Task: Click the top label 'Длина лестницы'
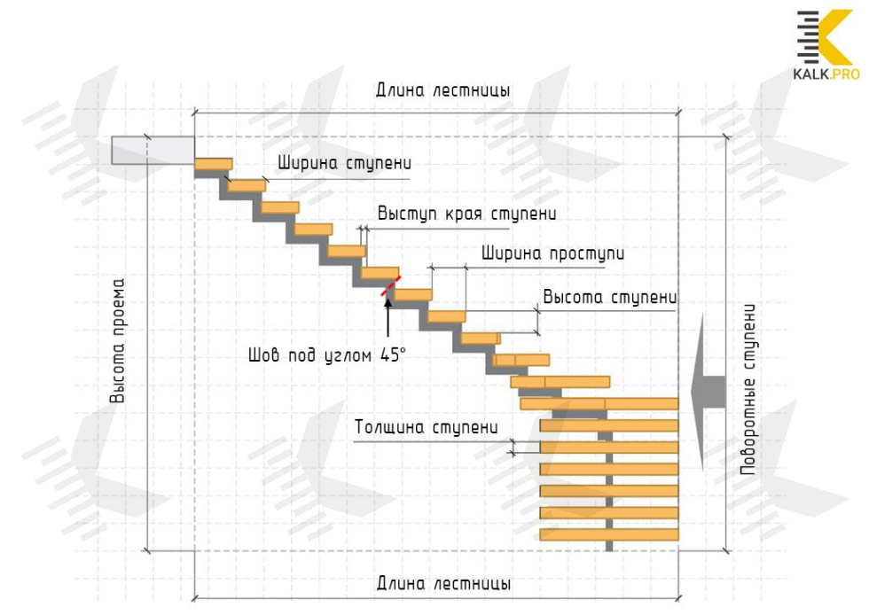click(442, 91)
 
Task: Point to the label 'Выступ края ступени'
click(466, 214)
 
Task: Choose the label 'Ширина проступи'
click(552, 253)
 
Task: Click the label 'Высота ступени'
click(609, 296)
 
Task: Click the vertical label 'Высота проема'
click(118, 341)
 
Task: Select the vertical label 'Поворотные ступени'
click(751, 390)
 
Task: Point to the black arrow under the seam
click(388, 315)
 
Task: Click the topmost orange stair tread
click(213, 163)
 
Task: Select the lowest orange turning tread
click(608, 534)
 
